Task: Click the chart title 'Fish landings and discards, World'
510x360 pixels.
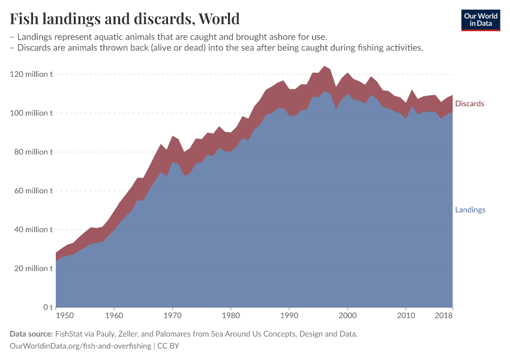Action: pos(124,19)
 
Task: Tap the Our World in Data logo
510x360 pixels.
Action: pos(480,20)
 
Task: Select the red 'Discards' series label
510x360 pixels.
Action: pos(469,104)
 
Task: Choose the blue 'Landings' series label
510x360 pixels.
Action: pos(470,210)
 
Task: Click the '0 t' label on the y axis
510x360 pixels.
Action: pos(47,307)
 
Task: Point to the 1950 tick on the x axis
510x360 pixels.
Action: pos(65,315)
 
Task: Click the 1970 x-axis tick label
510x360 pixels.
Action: pos(172,315)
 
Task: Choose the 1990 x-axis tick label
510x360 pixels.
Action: pos(289,315)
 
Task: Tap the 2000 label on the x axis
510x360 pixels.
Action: pos(347,315)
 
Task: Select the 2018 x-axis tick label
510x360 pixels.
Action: pos(444,315)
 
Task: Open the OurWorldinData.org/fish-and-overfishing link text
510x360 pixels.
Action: pos(80,346)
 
